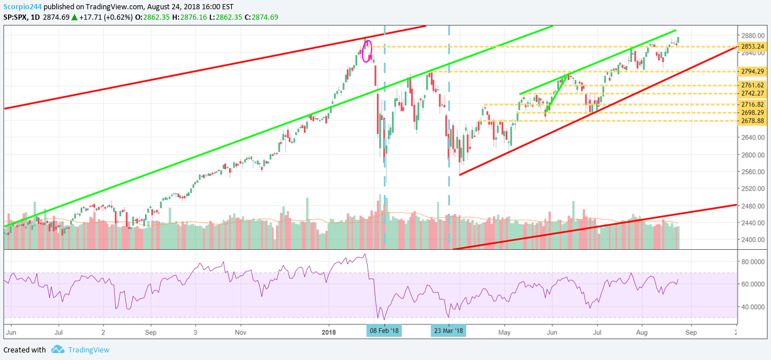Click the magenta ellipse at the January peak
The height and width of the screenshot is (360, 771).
(366, 50)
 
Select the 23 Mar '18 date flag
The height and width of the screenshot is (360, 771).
(448, 331)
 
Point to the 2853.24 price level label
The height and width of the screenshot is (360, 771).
(753, 46)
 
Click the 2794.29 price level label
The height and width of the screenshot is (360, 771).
(753, 72)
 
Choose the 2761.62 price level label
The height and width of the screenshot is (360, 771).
(753, 85)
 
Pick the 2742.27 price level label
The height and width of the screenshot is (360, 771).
(753, 93)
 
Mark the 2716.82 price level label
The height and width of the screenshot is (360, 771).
(753, 104)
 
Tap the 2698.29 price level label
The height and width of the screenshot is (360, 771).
(753, 112)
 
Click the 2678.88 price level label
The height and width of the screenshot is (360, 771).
(753, 121)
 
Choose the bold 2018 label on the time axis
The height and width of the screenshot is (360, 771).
(329, 333)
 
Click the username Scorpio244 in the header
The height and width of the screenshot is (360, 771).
(22, 6)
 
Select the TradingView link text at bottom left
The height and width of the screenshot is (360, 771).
(89, 350)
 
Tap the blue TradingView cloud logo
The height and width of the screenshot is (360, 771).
(57, 350)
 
